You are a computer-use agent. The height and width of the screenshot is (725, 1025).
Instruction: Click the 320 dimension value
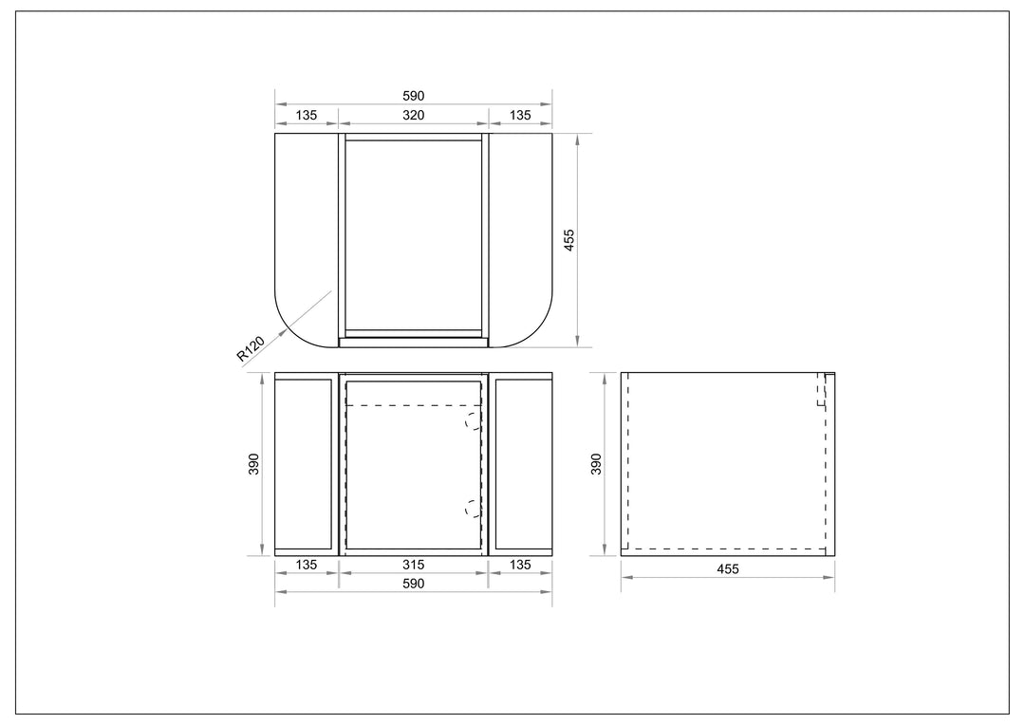413,115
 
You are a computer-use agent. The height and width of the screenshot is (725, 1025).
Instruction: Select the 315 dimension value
413,565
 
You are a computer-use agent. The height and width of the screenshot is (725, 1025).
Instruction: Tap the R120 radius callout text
251,348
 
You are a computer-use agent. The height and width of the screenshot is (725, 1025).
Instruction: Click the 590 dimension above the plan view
413,96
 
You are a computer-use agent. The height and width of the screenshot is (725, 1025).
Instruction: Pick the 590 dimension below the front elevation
413,584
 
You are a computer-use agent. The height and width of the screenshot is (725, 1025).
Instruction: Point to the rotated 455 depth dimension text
568,240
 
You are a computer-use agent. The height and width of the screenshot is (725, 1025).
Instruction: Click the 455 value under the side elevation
728,568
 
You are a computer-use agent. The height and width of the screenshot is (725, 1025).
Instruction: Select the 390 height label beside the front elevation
254,463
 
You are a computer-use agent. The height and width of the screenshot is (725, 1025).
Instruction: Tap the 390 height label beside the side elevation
595,463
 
